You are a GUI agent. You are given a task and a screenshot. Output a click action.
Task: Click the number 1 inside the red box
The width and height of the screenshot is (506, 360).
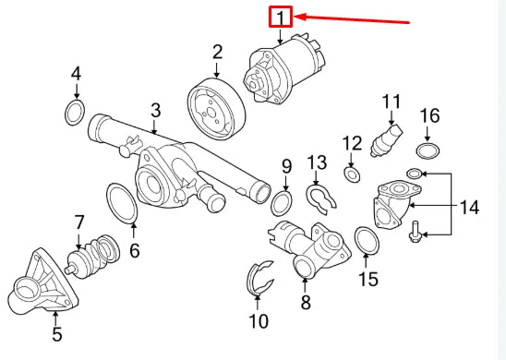pos(280,17)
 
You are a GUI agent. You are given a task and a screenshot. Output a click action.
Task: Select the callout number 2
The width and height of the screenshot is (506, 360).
pos(217,52)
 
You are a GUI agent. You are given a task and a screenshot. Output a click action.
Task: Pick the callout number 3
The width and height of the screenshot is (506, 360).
pos(155,111)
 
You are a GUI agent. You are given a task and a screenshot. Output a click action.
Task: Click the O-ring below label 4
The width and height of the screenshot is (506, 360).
pos(76,114)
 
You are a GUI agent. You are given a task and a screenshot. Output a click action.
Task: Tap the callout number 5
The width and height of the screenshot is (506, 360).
pos(56,335)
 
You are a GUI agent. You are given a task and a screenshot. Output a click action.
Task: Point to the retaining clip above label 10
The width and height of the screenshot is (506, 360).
pos(259,280)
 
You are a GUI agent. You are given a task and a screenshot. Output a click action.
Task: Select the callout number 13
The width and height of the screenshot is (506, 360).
pos(317,163)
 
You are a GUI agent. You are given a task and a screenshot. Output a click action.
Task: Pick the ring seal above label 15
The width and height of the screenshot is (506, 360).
pos(367,240)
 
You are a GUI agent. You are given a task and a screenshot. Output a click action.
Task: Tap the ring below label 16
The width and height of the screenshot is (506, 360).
pos(428,150)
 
